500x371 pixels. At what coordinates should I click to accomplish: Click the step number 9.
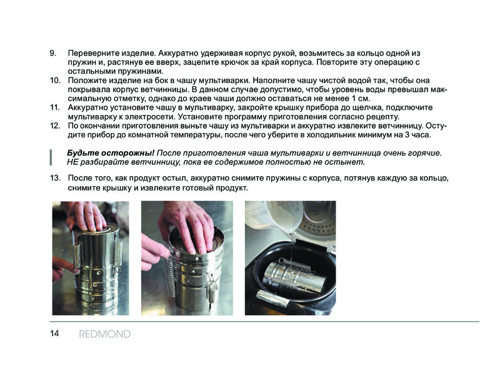click(x=53, y=53)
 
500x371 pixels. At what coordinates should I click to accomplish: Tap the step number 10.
click(x=55, y=80)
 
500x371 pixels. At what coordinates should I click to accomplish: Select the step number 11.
click(x=55, y=107)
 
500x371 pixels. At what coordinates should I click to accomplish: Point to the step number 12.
click(x=55, y=126)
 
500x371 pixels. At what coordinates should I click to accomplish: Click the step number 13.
click(x=55, y=177)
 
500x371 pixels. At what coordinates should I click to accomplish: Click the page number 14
click(x=54, y=334)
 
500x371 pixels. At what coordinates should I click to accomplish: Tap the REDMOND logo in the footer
click(x=105, y=334)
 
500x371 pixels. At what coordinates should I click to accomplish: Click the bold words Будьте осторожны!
click(x=111, y=153)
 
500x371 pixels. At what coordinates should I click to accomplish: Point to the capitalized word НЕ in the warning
click(x=72, y=162)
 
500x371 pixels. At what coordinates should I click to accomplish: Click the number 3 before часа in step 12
click(x=407, y=135)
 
